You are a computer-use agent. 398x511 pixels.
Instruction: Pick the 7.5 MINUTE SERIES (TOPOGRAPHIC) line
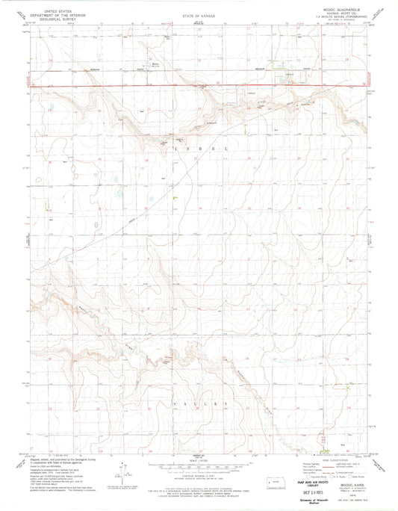[x=343, y=19]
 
